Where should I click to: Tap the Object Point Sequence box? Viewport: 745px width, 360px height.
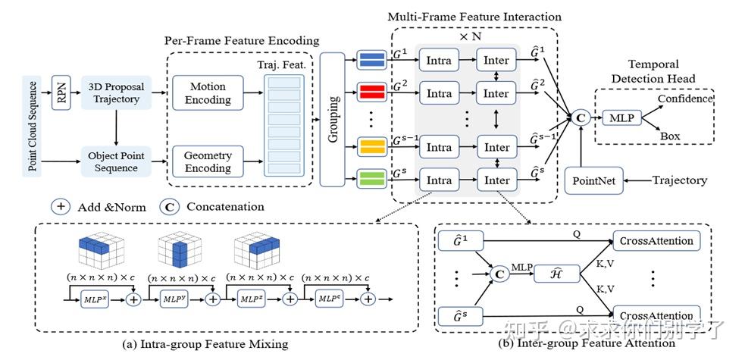tap(115, 161)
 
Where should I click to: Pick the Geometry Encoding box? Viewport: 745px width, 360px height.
tap(208, 161)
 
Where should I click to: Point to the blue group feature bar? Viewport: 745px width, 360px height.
tap(371, 60)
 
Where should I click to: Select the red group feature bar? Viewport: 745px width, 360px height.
tap(371, 92)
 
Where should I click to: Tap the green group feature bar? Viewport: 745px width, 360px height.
tap(371, 180)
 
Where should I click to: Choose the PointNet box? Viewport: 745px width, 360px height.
tap(593, 181)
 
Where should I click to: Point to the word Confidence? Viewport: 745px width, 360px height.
tap(685, 99)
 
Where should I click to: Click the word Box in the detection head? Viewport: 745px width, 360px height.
tap(669, 136)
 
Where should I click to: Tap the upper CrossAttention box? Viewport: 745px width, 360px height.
tap(657, 241)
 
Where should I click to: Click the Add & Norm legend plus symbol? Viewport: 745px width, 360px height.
tap(62, 206)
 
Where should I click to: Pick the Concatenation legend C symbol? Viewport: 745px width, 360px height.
tap(169, 206)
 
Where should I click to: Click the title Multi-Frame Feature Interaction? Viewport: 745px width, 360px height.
tap(474, 16)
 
